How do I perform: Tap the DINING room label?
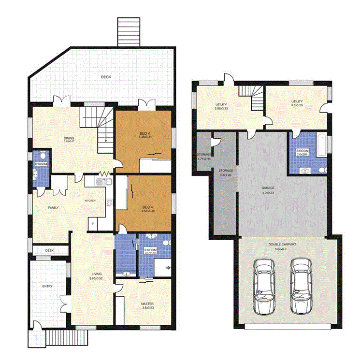pyautogui.click(x=69, y=139)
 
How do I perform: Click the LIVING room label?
pyautogui.click(x=96, y=275)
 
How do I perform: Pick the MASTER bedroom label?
pyautogui.click(x=147, y=304)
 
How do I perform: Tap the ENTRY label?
pyautogui.click(x=47, y=287)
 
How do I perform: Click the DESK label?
pyautogui.click(x=49, y=250)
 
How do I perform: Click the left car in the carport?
pyautogui.click(x=264, y=285)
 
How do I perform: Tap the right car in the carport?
pyautogui.click(x=301, y=285)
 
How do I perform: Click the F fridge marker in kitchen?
pyautogui.click(x=93, y=224)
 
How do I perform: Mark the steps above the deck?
pyautogui.click(x=128, y=31)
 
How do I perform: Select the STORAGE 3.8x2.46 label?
pyautogui.click(x=226, y=171)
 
